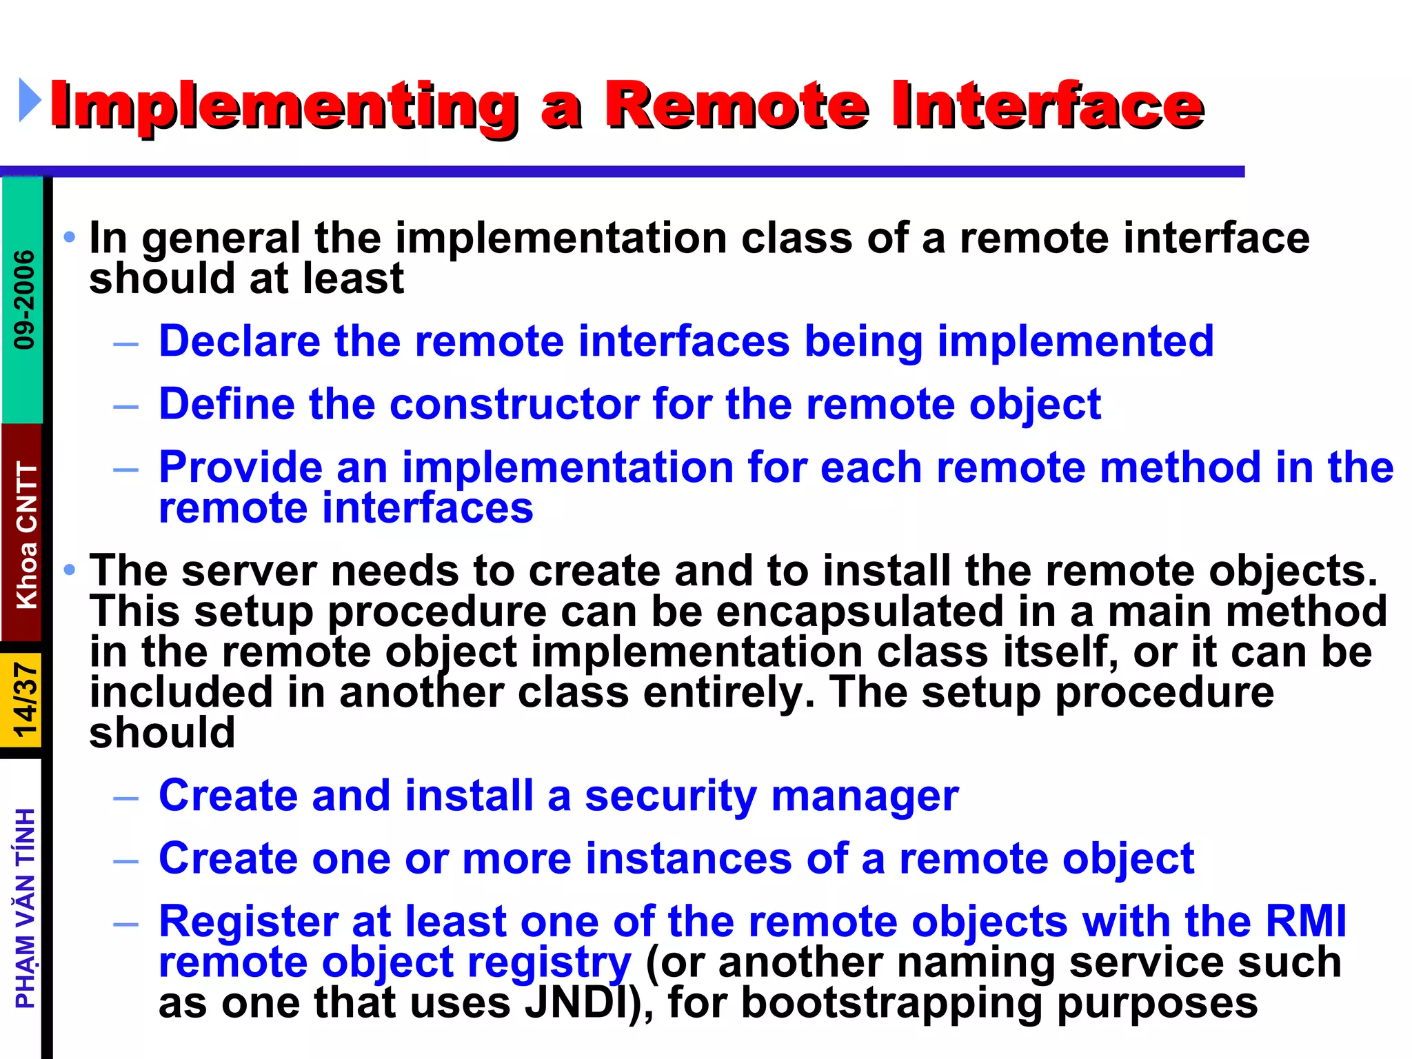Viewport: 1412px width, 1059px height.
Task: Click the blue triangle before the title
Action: (30, 101)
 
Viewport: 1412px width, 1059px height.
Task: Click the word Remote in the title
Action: (736, 106)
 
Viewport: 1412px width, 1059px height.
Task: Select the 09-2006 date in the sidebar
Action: (24, 299)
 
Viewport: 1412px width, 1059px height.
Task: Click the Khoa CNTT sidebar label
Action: (26, 535)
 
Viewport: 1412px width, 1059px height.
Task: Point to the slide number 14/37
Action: (25, 700)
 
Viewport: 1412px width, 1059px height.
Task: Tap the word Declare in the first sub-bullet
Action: (239, 341)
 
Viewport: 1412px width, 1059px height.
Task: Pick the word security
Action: (670, 796)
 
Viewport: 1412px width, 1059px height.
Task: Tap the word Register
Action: (248, 922)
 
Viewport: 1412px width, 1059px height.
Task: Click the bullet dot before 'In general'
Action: (69, 238)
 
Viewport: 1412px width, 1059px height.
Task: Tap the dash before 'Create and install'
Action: (126, 798)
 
